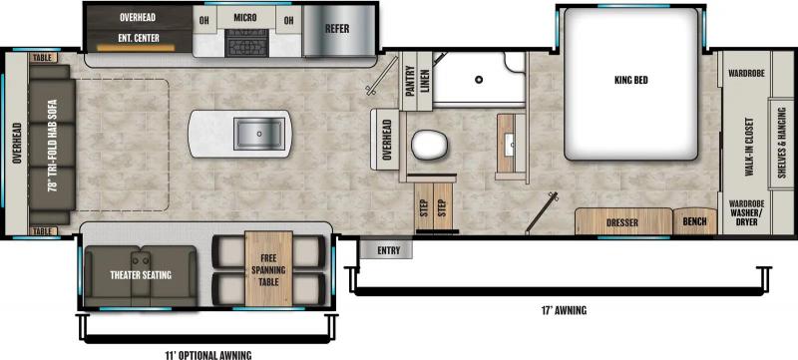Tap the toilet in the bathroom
430,146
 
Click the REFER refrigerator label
337,28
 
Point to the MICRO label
245,18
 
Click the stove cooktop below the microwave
245,45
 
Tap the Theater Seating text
140,275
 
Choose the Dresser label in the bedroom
622,222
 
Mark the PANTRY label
409,81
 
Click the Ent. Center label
140,39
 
